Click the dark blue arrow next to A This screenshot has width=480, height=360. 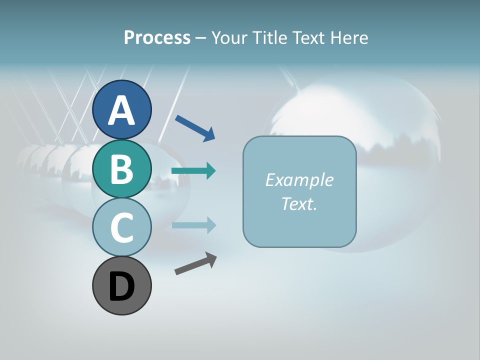pyautogui.click(x=195, y=127)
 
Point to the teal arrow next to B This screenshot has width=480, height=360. pyautogui.click(x=193, y=171)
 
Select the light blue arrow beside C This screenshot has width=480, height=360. pyautogui.click(x=193, y=225)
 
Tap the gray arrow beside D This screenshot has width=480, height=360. pyautogui.click(x=195, y=264)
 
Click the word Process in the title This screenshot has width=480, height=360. pyautogui.click(x=157, y=38)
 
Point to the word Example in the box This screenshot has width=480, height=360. pyautogui.click(x=299, y=180)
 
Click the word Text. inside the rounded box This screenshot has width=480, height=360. pyautogui.click(x=299, y=204)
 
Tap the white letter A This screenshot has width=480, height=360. pyautogui.click(x=122, y=110)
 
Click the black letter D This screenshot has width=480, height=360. pyautogui.click(x=122, y=286)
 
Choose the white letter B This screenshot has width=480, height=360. pyautogui.click(x=122, y=169)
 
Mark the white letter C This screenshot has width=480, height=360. pyautogui.click(x=122, y=228)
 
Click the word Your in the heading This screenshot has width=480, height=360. pyautogui.click(x=228, y=38)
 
